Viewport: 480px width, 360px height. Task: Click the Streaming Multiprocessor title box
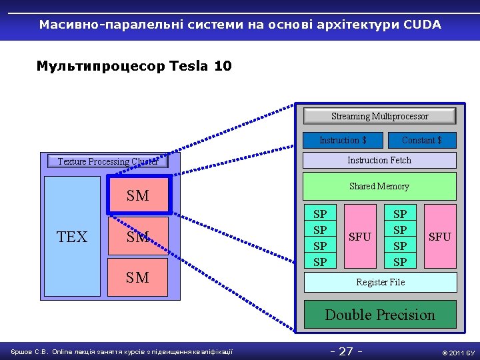pyautogui.click(x=379, y=116)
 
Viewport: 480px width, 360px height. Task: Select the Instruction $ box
pyautogui.click(x=343, y=140)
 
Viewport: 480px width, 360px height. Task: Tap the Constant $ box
pyautogui.click(x=422, y=140)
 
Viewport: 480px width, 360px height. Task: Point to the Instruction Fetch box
pyautogui.click(x=379, y=160)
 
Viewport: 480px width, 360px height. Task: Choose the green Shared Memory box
pyautogui.click(x=379, y=186)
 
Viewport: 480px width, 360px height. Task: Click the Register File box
pyautogui.click(x=380, y=282)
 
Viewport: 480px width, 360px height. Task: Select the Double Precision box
pyautogui.click(x=380, y=315)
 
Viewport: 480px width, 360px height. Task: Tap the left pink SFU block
pyautogui.click(x=360, y=237)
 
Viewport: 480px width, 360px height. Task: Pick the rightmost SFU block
pyautogui.click(x=439, y=237)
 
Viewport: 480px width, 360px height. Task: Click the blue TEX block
pyautogui.click(x=72, y=237)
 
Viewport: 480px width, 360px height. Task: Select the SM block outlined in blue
pyautogui.click(x=138, y=196)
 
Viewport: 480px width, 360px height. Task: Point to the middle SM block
pyautogui.click(x=138, y=237)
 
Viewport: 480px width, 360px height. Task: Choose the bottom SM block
pyautogui.click(x=138, y=277)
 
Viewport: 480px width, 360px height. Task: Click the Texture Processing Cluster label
pyautogui.click(x=107, y=161)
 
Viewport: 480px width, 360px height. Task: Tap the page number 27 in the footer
pyautogui.click(x=346, y=351)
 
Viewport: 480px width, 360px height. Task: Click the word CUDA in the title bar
pyautogui.click(x=422, y=25)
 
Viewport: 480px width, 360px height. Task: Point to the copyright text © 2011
pyautogui.click(x=454, y=352)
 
